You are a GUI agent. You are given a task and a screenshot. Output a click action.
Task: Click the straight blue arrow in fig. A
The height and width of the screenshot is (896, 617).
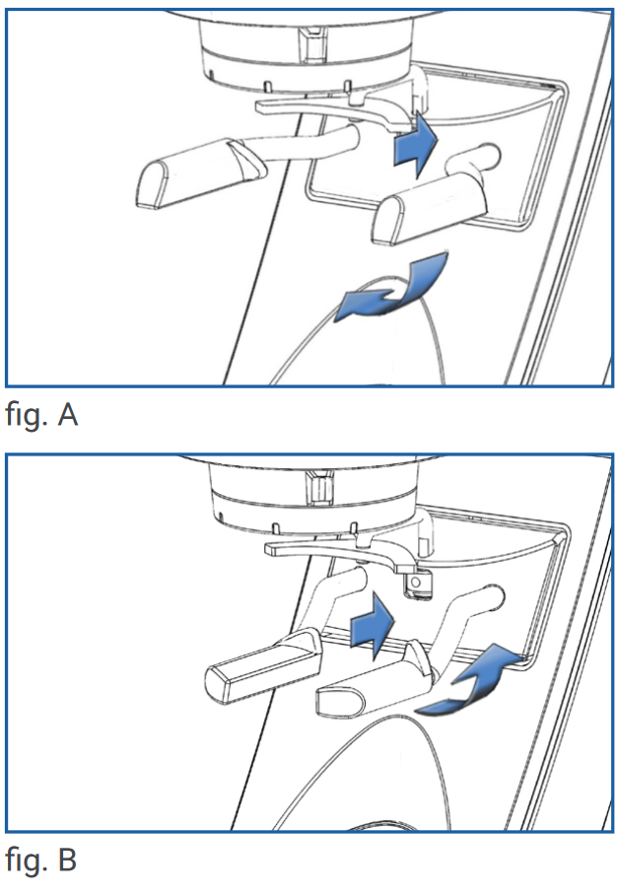pos(415,144)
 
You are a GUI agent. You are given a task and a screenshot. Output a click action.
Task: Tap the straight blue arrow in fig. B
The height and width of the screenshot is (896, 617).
pos(372,623)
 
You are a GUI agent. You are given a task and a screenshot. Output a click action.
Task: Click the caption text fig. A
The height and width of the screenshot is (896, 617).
pos(41,415)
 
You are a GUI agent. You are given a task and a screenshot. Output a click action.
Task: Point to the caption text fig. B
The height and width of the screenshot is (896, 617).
pos(41,860)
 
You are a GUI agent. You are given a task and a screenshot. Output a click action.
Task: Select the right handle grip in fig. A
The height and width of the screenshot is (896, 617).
pos(429,210)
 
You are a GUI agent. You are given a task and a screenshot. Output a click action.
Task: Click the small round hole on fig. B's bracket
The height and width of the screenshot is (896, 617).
pos(416,582)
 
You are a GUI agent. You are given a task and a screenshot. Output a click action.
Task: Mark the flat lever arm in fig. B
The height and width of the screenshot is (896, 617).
pos(343,555)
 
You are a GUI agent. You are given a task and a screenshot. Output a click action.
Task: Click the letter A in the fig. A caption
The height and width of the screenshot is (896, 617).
pos(67,414)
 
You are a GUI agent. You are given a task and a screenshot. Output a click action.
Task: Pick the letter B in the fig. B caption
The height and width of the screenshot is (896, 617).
pos(67,860)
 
